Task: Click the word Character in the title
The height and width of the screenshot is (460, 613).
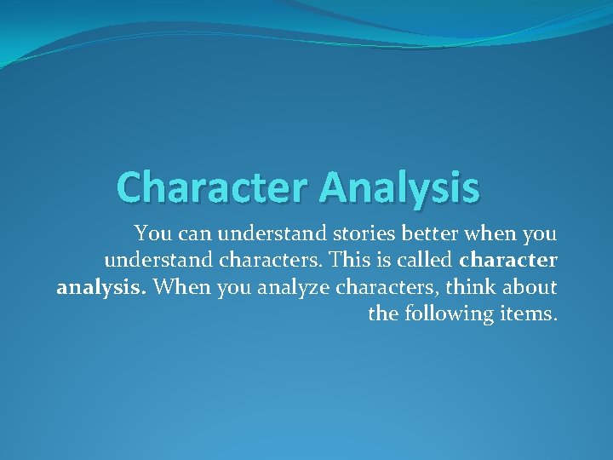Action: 214,187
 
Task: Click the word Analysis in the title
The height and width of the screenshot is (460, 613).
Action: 400,187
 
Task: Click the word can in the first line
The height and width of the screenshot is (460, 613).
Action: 190,232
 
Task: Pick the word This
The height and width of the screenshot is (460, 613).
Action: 352,259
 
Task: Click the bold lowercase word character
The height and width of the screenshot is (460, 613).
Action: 508,259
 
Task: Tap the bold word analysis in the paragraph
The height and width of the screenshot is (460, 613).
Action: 102,287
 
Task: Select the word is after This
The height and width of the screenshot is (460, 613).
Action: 382,259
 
